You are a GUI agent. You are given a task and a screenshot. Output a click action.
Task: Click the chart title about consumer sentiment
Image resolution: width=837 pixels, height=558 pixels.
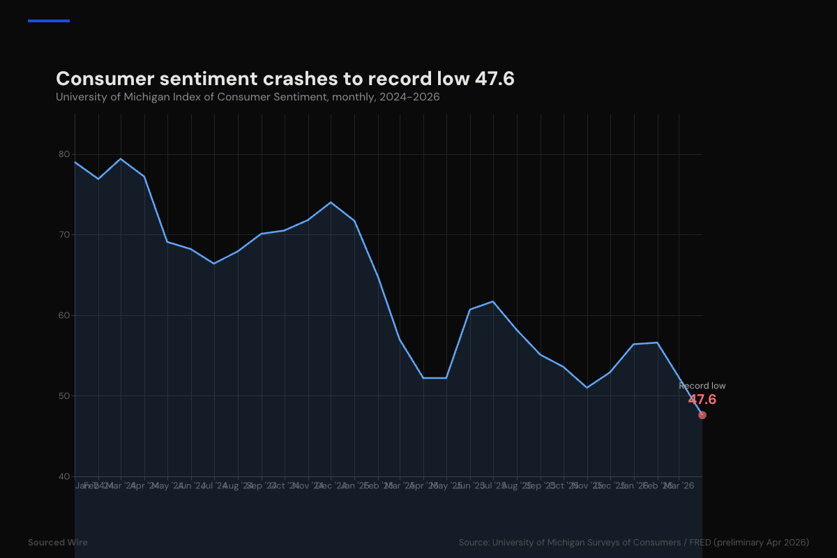285,79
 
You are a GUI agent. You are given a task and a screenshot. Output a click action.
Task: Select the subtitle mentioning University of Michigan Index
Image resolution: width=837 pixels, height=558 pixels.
248,97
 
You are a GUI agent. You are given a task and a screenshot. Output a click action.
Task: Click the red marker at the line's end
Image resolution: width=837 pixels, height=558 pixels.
702,415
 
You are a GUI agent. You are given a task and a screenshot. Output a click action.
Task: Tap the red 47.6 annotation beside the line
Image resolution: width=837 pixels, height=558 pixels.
702,400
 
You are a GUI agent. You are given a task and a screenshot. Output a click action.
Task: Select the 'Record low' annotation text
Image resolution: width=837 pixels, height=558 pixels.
702,386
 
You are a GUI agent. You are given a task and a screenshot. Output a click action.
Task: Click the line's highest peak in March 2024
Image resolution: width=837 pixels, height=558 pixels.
121,159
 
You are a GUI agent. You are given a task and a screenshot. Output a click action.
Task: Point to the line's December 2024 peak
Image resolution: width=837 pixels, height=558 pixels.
331,202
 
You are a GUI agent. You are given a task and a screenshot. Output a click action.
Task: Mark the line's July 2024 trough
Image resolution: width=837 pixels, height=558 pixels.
214,264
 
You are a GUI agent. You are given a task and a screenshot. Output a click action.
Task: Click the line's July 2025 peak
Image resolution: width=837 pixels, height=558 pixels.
493,301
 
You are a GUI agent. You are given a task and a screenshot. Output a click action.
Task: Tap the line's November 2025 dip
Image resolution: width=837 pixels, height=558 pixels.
587,387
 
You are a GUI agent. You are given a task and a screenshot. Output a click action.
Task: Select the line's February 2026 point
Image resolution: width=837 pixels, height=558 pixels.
656,342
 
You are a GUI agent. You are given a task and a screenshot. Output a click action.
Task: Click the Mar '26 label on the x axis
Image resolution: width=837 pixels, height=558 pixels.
679,485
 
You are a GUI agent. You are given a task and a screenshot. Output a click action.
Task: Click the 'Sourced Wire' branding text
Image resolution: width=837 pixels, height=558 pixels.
58,542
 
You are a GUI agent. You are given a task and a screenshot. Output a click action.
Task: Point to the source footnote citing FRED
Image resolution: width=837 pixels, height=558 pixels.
633,542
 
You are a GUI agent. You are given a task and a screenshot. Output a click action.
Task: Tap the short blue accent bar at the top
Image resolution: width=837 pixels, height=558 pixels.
49,21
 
